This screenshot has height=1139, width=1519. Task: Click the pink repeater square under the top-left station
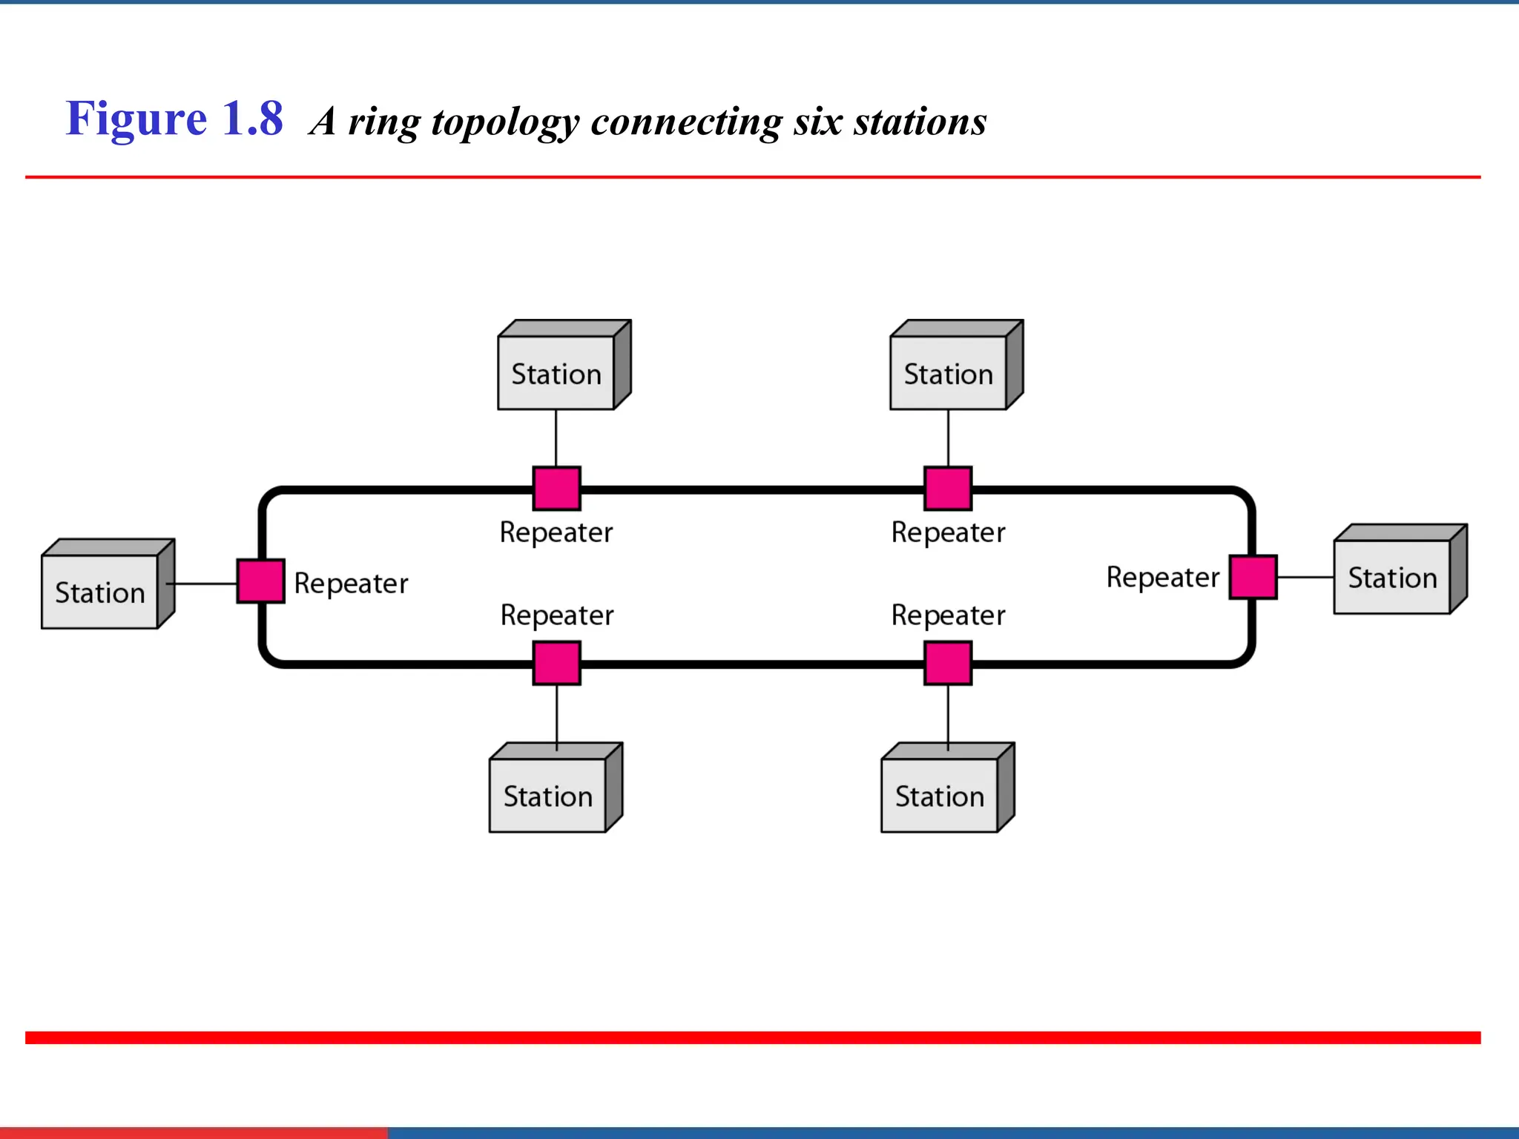tap(556, 489)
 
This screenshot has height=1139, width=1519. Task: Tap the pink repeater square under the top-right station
tap(948, 489)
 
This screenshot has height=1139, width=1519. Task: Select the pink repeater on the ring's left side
tap(260, 581)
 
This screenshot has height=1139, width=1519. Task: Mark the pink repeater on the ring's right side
tap(1253, 577)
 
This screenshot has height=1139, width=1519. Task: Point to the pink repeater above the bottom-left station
tap(556, 663)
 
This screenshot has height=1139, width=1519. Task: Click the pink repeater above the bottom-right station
tap(948, 663)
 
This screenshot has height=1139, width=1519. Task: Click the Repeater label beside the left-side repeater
tap(351, 584)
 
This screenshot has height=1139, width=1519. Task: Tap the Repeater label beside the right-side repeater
tap(1162, 577)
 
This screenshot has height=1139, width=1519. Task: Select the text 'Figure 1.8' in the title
tap(174, 119)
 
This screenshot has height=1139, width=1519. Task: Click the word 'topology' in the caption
tap(504, 122)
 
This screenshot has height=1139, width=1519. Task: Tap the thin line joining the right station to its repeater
tap(1305, 577)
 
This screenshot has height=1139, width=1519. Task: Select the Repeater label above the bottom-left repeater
tap(556, 615)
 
